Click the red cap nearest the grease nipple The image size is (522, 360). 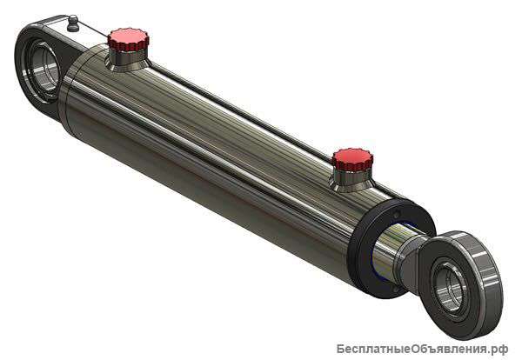point(128,39)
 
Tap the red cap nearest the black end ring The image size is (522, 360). point(352,159)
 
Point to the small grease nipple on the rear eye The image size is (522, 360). point(73,23)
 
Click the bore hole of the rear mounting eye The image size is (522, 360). point(43,70)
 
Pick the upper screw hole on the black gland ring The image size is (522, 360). point(396,214)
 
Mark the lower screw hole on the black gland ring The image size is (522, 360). point(396,290)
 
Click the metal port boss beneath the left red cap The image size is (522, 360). point(127,60)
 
